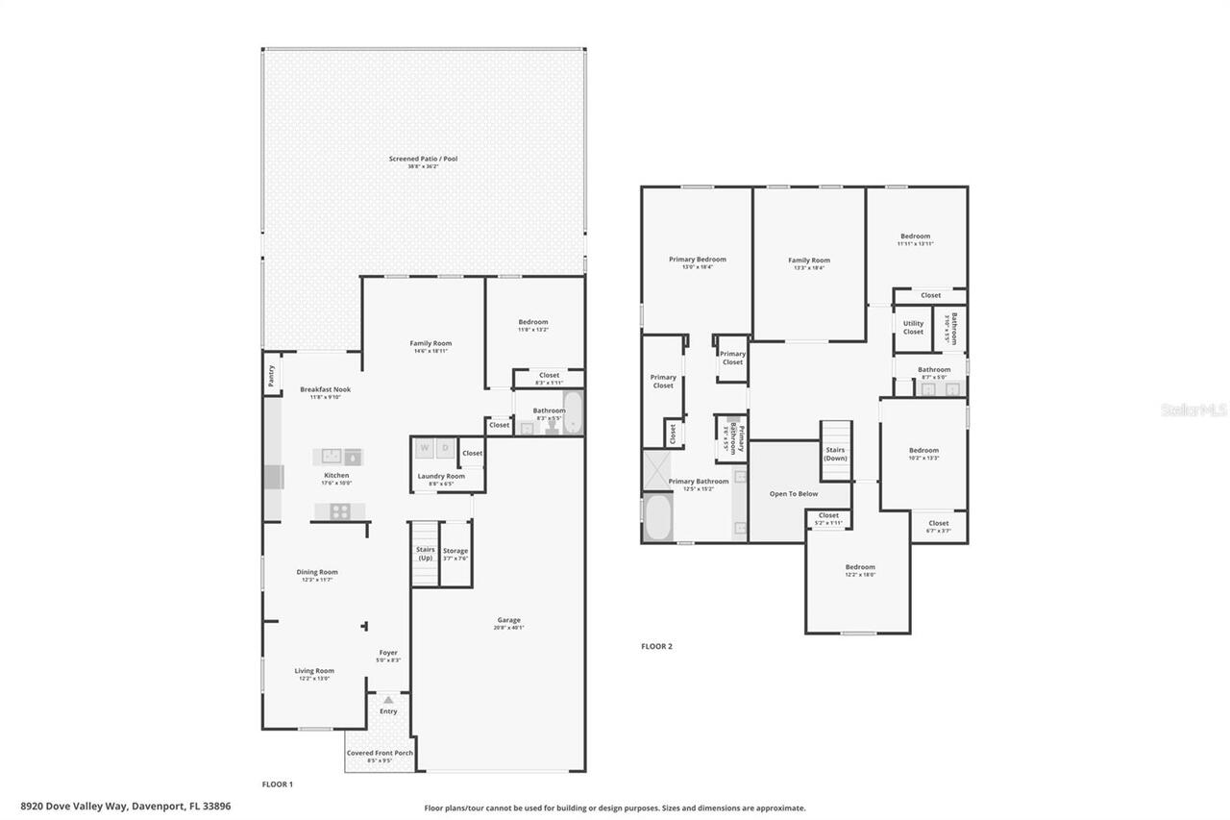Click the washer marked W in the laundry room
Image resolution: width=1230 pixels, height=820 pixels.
pos(424,448)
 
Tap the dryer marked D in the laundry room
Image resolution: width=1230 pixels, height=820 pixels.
pos(446,448)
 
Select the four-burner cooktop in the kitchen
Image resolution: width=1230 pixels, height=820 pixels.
pos(339,511)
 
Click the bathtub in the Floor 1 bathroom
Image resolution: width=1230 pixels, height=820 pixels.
pos(573,412)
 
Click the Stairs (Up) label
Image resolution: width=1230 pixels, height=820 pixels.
pos(425,554)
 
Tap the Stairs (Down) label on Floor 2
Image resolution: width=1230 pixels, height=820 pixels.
pos(835,453)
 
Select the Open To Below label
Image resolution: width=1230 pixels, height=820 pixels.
pos(794,494)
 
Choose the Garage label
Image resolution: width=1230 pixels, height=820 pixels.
pos(508,620)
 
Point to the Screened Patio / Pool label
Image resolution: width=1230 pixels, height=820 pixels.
pos(423,159)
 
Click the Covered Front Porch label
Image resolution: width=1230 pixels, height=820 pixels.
pos(380,753)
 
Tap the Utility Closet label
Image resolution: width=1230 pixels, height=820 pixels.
pos(913,328)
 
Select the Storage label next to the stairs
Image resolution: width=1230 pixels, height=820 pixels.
pos(455,551)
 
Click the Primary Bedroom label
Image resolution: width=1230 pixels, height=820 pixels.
pos(698,260)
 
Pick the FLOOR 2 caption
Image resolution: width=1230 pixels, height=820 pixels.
pos(656,646)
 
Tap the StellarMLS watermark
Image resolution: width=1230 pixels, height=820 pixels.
pos(1193,410)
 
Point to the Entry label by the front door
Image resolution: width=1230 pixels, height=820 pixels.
pos(388,711)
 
